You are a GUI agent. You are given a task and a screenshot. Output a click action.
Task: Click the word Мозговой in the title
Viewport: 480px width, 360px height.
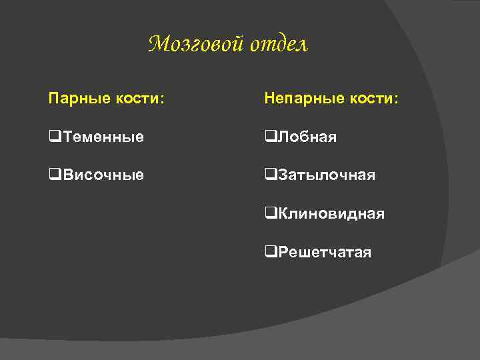[196, 44]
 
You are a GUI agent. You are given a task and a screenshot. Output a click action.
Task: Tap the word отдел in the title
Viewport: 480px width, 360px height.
[279, 45]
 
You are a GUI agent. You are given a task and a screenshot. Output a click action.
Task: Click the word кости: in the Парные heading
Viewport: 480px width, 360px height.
[139, 99]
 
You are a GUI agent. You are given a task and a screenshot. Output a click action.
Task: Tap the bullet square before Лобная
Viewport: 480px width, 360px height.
[269, 137]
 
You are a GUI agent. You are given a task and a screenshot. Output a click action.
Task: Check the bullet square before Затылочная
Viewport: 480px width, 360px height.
[269, 175]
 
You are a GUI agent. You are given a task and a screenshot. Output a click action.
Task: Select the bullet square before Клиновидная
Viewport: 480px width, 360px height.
[269, 213]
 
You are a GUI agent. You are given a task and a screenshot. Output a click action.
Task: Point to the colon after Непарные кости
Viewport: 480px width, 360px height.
[396, 101]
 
